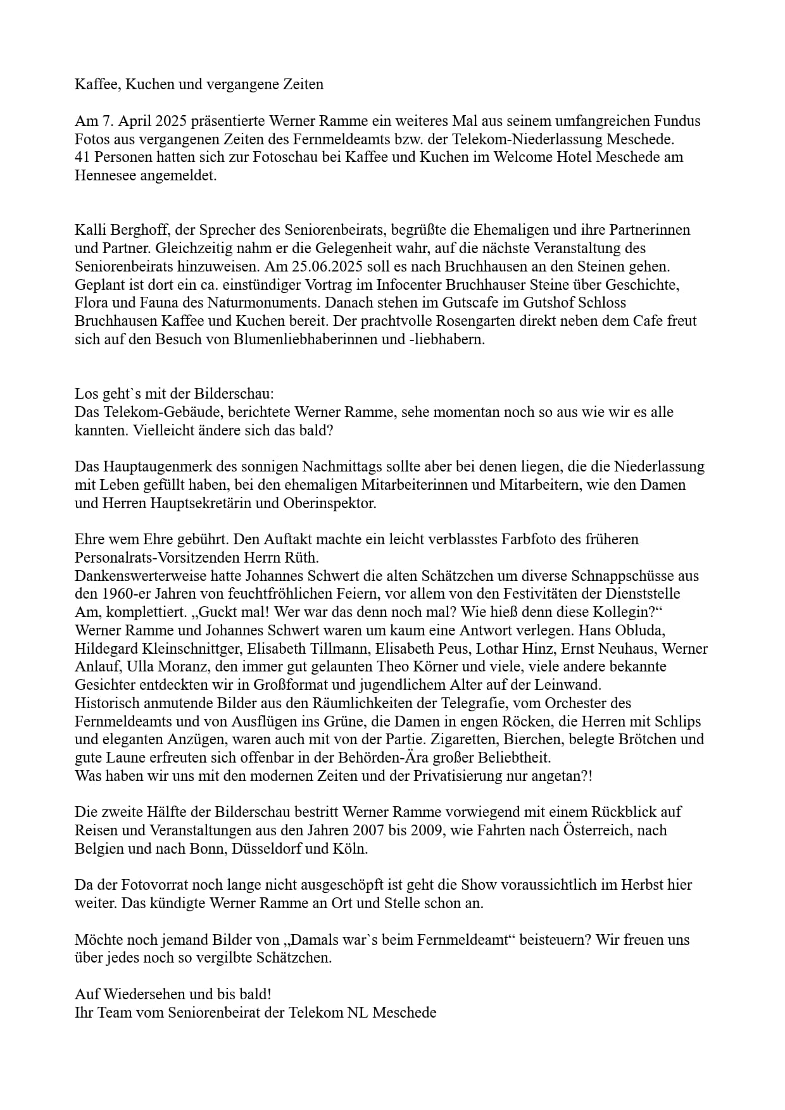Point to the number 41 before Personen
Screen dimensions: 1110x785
point(83,157)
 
